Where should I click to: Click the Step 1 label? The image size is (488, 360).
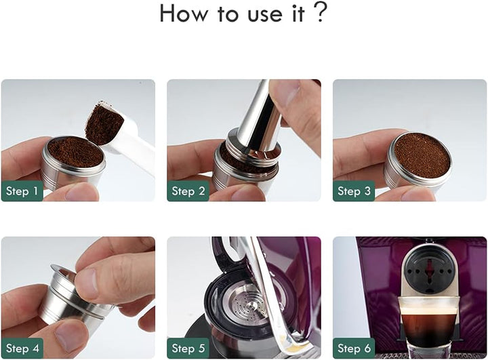click(22, 191)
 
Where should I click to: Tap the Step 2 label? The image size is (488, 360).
click(188, 191)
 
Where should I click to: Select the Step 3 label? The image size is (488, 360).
click(354, 191)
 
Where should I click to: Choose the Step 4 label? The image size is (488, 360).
click(22, 348)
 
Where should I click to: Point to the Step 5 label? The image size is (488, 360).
click(188, 348)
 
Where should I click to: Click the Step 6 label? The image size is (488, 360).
click(354, 348)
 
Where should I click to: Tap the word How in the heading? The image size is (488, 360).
click(183, 14)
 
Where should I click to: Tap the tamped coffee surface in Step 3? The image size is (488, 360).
click(422, 155)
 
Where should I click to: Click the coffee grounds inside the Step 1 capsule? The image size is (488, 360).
click(76, 152)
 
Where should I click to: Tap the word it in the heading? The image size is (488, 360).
click(298, 14)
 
